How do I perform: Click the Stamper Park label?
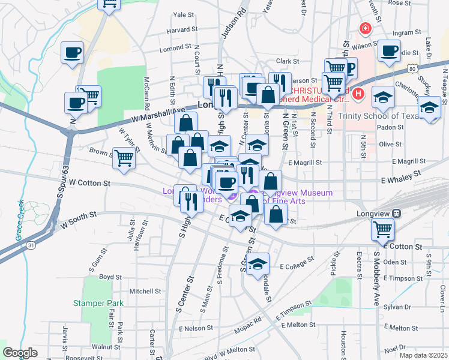[98, 303]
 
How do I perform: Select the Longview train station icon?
[396, 214]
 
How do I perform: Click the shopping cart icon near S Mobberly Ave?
[382, 229]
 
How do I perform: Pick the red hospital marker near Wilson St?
[364, 28]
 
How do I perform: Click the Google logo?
[20, 353]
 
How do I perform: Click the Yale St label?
[184, 14]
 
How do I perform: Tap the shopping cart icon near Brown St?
[124, 158]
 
